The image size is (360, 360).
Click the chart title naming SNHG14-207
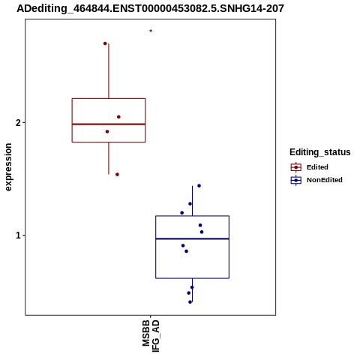pyautogui.click(x=150, y=8)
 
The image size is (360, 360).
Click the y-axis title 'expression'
pyautogui.click(x=8, y=167)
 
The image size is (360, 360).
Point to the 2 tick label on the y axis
pyautogui.click(x=18, y=123)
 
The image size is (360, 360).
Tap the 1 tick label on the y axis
pyautogui.click(x=18, y=235)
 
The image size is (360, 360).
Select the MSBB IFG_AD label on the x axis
pyautogui.click(x=151, y=336)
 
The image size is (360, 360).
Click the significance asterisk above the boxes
pyautogui.click(x=151, y=31)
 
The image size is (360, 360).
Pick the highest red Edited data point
pyautogui.click(x=105, y=43)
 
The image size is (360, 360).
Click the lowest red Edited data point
pyautogui.click(x=117, y=175)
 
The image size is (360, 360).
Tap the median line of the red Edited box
pyautogui.click(x=109, y=124)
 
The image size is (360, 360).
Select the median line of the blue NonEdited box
pyautogui.click(x=193, y=238)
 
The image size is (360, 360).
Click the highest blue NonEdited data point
pyautogui.click(x=199, y=186)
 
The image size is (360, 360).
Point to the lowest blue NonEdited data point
pyautogui.click(x=190, y=302)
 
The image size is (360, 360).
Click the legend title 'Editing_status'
pyautogui.click(x=320, y=152)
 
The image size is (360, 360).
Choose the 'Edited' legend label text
pyautogui.click(x=317, y=167)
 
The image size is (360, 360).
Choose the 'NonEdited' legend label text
pyautogui.click(x=325, y=180)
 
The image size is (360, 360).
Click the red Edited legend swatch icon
pyautogui.click(x=296, y=167)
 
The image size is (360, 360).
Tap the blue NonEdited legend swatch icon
pyautogui.click(x=296, y=180)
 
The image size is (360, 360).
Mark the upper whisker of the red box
pyautogui.click(x=109, y=71)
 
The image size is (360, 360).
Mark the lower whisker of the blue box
pyautogui.click(x=192, y=290)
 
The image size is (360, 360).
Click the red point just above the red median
pyautogui.click(x=118, y=117)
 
